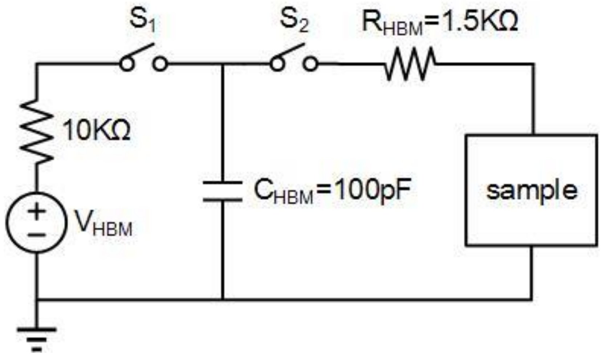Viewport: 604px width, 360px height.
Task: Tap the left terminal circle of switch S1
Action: [126, 64]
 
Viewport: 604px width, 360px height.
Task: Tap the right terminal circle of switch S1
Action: [160, 64]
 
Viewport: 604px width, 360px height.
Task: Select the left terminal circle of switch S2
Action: [277, 64]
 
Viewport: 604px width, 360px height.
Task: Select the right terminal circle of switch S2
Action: [310, 64]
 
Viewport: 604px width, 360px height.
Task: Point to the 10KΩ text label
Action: [96, 131]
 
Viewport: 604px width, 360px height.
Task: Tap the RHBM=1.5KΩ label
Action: [440, 22]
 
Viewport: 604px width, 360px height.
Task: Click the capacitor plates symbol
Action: [223, 191]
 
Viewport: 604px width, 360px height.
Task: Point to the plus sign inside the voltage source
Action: [37, 211]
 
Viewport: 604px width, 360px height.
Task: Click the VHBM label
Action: [103, 224]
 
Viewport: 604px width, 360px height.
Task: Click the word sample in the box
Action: [531, 190]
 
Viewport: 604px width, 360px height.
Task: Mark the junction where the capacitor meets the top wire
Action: [223, 64]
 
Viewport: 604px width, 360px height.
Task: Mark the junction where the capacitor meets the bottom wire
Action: [223, 299]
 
